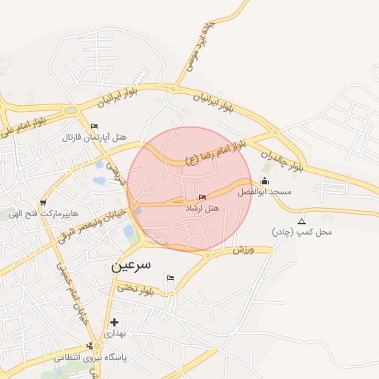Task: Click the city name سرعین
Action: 131,264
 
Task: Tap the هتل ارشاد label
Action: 203,209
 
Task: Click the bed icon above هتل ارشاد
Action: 203,197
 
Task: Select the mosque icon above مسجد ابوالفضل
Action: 265,181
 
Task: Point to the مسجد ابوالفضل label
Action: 264,192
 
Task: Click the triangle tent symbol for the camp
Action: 301,221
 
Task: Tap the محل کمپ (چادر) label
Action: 302,232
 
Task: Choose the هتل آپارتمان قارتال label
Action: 94,138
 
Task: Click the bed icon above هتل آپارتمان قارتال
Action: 94,127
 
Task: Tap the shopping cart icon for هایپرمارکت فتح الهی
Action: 44,202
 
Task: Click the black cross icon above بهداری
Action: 114,323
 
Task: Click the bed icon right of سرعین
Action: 171,278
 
